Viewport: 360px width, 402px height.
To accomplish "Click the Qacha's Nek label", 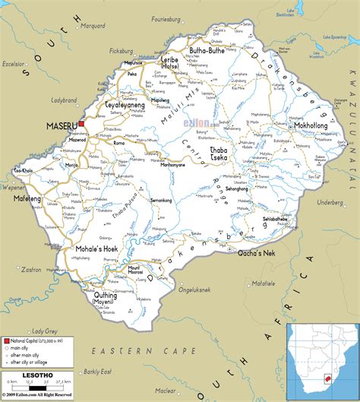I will (256, 252).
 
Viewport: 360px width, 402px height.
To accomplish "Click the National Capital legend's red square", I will (7, 343).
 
